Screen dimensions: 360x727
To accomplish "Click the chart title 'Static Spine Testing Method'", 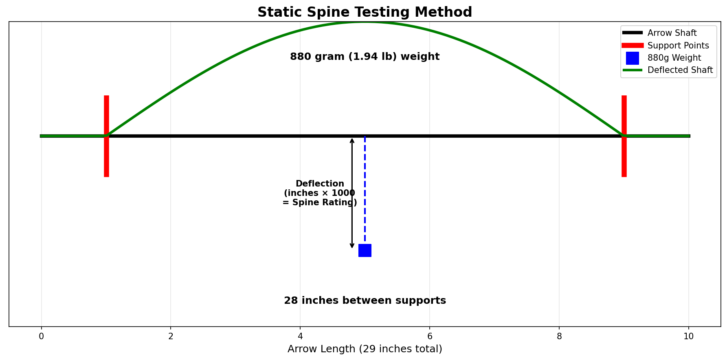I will click(x=365, y=12).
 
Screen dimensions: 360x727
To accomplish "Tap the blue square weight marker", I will click(x=365, y=250).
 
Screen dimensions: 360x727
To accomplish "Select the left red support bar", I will click(x=106, y=159).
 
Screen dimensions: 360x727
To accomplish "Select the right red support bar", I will click(x=624, y=159).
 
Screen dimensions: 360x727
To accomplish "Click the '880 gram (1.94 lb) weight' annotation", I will click(x=365, y=57).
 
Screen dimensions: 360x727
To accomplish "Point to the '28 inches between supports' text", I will click(x=365, y=301).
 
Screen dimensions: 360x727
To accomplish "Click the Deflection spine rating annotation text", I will click(x=320, y=193).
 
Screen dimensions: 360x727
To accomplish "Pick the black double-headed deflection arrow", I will click(x=352, y=193).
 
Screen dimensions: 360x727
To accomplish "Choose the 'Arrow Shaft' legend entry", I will click(x=672, y=33).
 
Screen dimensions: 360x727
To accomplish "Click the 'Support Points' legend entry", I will click(x=678, y=46).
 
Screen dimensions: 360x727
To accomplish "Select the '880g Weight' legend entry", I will click(x=674, y=58).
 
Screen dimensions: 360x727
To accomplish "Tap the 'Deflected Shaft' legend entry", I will click(x=680, y=70).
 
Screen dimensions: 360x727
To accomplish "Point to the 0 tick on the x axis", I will click(x=41, y=336).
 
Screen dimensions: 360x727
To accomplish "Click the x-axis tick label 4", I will click(x=300, y=336).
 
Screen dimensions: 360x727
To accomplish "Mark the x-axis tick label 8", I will click(x=559, y=336).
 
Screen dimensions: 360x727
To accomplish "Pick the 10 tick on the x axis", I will click(x=689, y=336).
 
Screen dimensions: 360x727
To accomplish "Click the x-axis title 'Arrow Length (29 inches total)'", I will click(x=365, y=349).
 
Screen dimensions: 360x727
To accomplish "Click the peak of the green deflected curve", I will click(x=365, y=22).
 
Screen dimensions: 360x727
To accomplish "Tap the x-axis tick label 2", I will click(x=171, y=336).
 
